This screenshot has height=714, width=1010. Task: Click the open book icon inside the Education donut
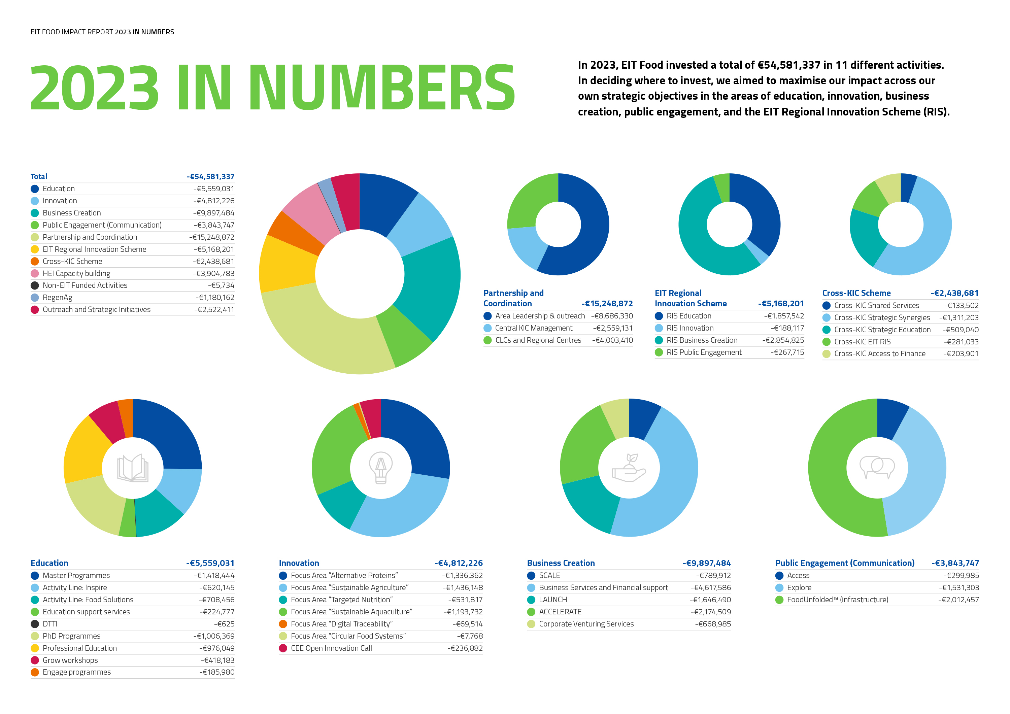(133, 468)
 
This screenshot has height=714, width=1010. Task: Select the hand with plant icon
(629, 468)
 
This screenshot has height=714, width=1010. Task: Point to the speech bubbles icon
(877, 468)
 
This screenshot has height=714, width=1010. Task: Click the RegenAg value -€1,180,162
(215, 297)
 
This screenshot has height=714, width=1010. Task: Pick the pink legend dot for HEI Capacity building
(35, 274)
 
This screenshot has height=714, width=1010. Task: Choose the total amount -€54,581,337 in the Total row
(211, 176)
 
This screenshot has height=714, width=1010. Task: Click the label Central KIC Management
(534, 328)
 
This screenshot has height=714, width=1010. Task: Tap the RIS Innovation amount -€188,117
(787, 328)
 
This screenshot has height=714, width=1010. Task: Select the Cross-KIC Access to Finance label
(880, 354)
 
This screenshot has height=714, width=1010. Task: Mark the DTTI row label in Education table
(50, 624)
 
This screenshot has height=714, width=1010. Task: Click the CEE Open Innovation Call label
(331, 648)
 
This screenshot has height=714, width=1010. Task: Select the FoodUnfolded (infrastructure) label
(838, 600)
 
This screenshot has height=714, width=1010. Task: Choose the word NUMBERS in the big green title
(382, 87)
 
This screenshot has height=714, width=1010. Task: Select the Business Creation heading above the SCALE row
(561, 563)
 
